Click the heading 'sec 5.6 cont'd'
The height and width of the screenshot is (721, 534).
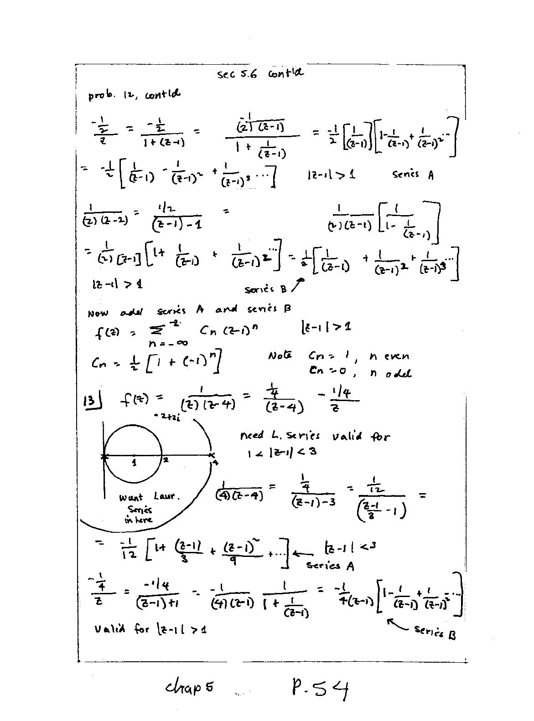click(x=260, y=74)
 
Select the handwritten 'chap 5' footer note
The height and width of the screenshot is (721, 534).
click(x=189, y=688)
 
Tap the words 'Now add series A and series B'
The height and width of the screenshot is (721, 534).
click(x=189, y=311)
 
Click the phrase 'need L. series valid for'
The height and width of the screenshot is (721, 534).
click(x=315, y=436)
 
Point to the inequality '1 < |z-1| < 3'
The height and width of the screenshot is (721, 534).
click(x=279, y=452)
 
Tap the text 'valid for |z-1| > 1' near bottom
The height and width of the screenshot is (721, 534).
click(x=150, y=629)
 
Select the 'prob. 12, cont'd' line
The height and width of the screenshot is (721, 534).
click(x=134, y=96)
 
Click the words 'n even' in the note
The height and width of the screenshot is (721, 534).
click(x=389, y=356)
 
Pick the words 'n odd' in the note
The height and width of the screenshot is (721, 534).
click(x=390, y=373)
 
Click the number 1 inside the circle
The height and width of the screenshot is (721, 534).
click(x=134, y=463)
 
